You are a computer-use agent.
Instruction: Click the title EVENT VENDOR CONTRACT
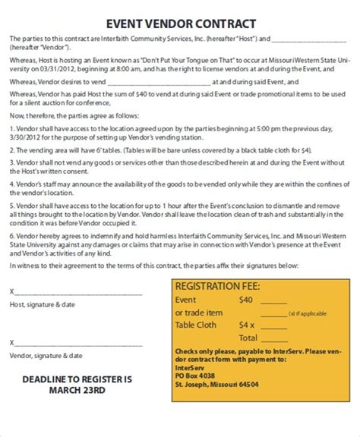(x=179, y=24)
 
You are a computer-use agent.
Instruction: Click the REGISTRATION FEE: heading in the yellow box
(x=217, y=286)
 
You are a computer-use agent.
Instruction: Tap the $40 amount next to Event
(x=245, y=300)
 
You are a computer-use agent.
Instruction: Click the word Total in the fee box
(x=248, y=338)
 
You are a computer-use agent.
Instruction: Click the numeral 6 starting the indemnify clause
(x=11, y=237)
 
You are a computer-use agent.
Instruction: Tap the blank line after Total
(x=283, y=338)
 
